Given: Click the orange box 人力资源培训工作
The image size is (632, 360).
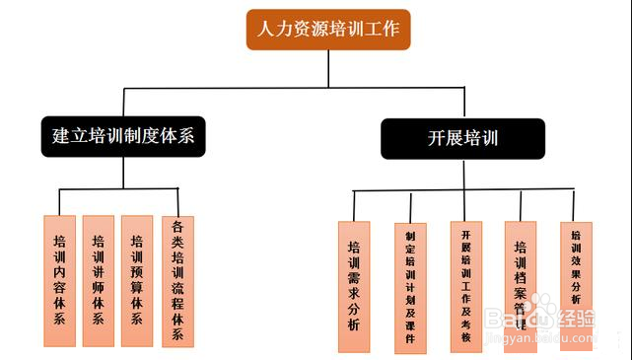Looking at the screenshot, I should pos(328,30).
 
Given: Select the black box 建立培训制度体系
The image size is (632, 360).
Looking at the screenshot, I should pos(122,138).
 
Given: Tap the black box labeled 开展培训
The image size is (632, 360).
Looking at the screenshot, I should pos(462,138).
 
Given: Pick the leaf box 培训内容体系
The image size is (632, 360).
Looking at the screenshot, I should pos(59,280).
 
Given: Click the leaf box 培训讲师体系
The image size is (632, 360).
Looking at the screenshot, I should pos(98,280).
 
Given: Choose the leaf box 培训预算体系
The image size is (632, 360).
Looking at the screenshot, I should pos(137,280).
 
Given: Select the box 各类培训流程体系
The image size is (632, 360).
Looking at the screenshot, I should pos(177,280).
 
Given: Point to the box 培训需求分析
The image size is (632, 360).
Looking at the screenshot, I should pos(354,287).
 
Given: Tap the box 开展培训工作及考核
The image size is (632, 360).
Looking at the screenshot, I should pos(466,285).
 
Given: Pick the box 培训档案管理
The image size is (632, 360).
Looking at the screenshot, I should pos(521,281).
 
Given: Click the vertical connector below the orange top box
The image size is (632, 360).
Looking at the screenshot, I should pos(328,69).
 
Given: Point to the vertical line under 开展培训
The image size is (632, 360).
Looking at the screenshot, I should pos(462,174).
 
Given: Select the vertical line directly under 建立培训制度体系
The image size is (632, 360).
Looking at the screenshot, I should pos(122,173).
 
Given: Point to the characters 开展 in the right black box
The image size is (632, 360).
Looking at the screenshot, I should pos(444,138).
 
